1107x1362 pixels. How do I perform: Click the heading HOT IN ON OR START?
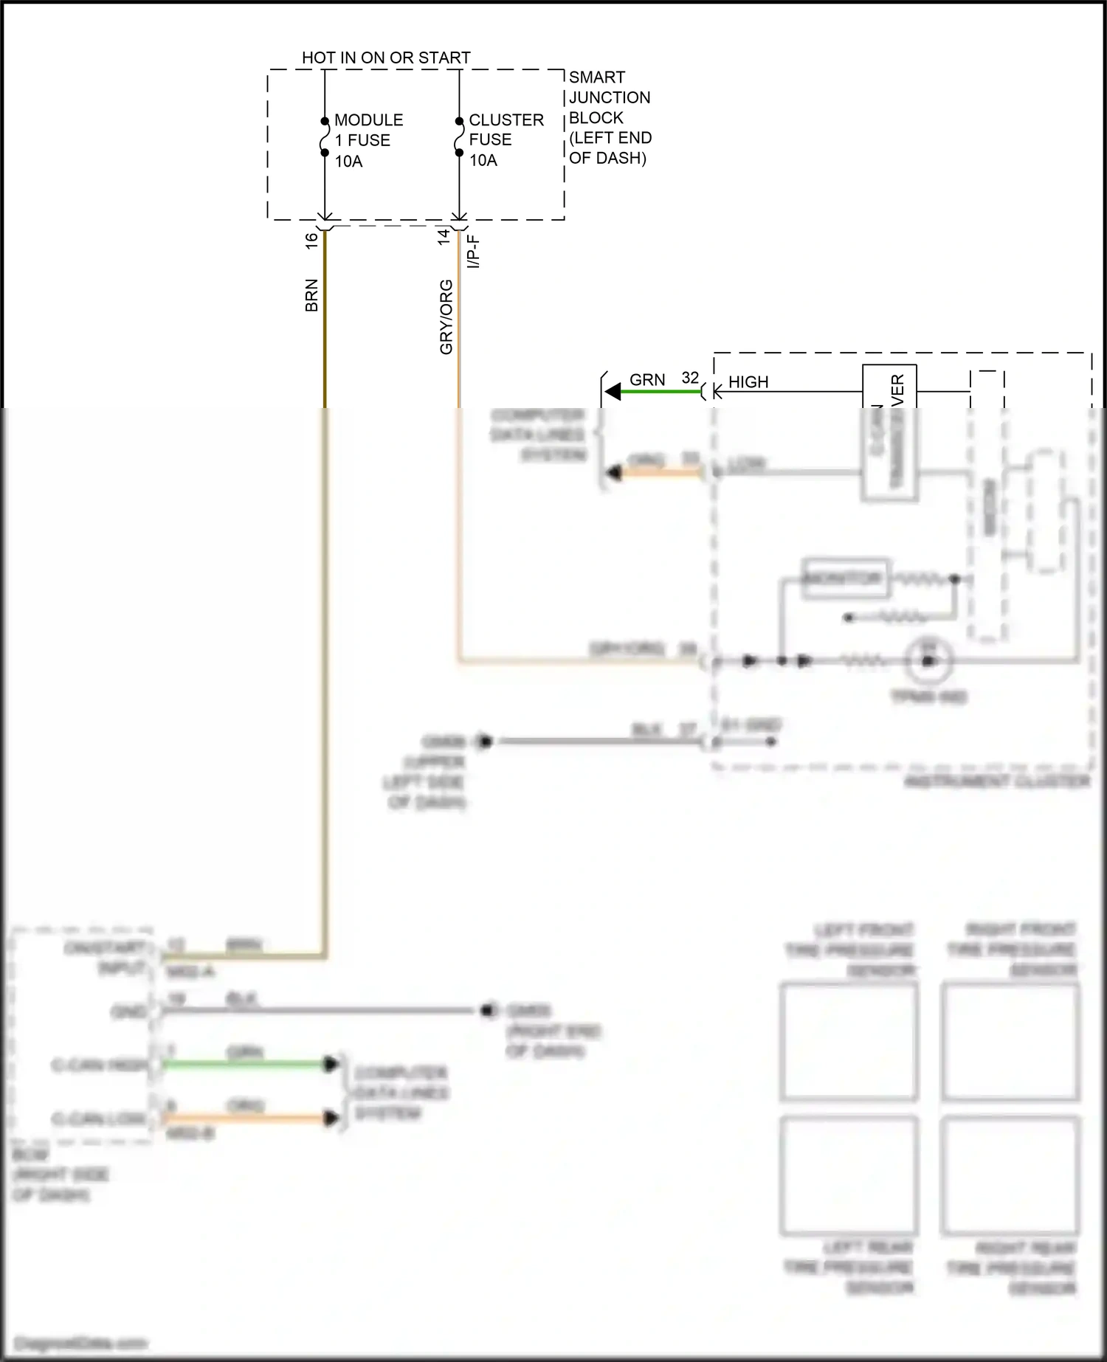pos(386,58)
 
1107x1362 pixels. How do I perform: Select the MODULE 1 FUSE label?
pos(368,130)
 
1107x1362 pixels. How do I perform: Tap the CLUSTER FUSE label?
pos(506,129)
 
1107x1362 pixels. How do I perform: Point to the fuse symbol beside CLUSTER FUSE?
pos(459,136)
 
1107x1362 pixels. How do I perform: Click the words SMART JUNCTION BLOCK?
pos(609,97)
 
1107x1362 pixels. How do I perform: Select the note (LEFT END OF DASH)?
pos(610,148)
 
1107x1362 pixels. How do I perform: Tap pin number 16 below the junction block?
pos(311,239)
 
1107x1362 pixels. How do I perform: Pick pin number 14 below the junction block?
pos(444,237)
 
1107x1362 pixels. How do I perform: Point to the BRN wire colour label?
pos(311,295)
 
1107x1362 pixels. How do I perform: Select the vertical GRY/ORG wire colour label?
pos(446,317)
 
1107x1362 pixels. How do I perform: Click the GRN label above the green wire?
pos(647,380)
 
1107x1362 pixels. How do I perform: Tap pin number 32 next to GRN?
pos(690,378)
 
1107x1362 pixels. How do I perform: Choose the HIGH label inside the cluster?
pos(748,382)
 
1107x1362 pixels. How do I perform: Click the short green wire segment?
pos(661,392)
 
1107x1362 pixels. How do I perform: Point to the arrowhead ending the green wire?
pos(613,392)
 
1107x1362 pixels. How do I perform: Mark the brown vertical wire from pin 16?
pos(324,332)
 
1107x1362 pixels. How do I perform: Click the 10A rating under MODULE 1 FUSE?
pos(348,162)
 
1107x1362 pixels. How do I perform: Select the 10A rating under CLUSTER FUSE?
pos(483,160)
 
